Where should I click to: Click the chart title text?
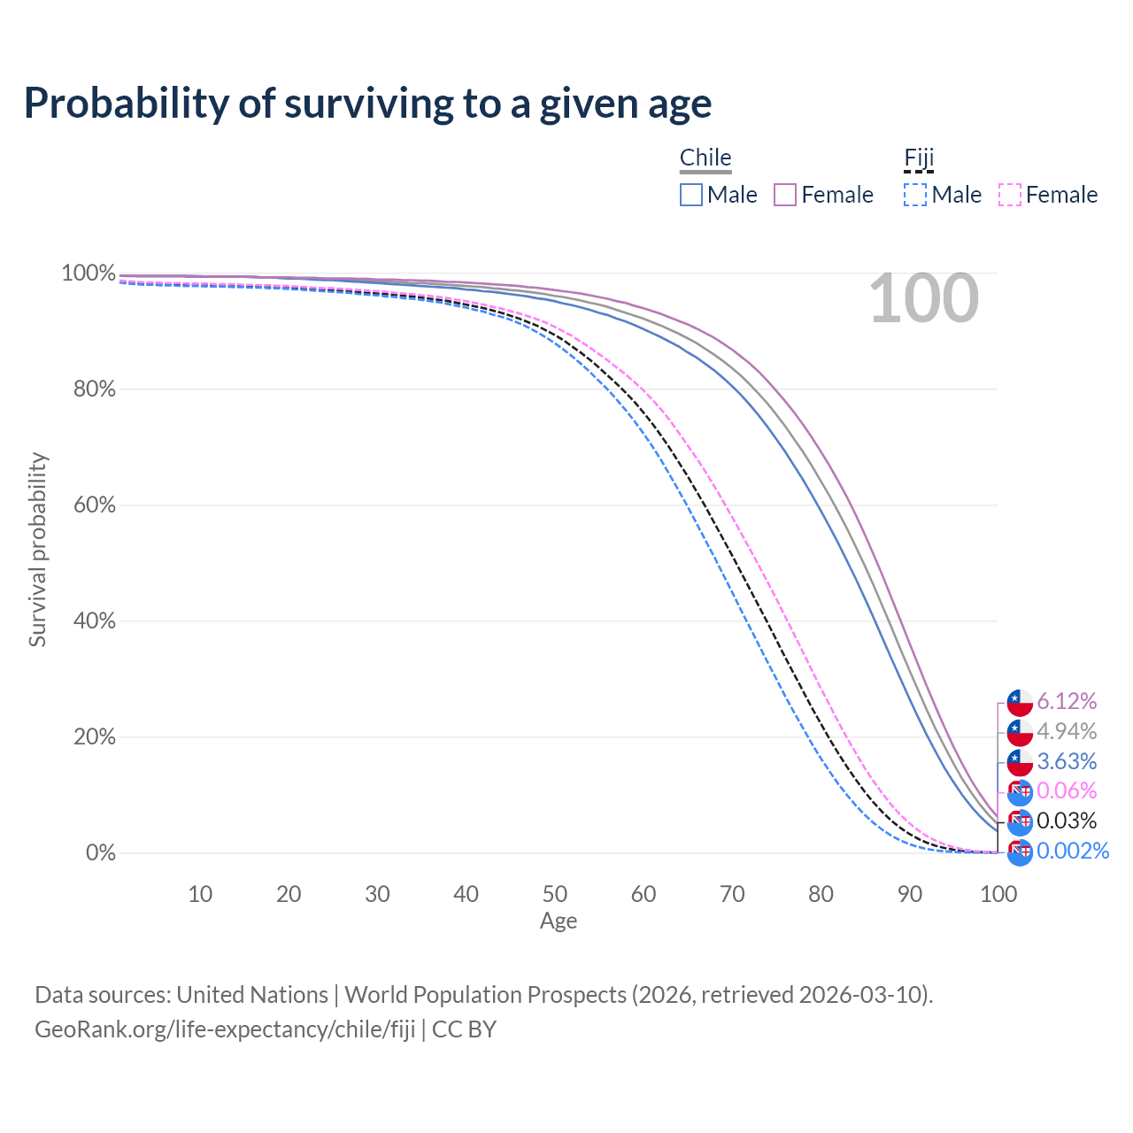(x=367, y=104)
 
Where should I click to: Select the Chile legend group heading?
(x=705, y=158)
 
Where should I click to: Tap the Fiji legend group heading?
(x=919, y=158)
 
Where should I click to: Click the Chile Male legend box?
(x=691, y=195)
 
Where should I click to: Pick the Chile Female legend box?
(x=786, y=195)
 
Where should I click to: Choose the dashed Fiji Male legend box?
(x=916, y=195)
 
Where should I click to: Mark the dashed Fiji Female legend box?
(x=1010, y=195)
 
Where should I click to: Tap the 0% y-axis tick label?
(x=100, y=853)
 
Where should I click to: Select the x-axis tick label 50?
(x=555, y=894)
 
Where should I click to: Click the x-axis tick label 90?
(x=910, y=894)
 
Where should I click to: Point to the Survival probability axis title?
(x=37, y=550)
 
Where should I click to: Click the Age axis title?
(x=559, y=921)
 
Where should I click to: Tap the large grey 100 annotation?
(x=923, y=299)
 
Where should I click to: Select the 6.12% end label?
(x=1067, y=702)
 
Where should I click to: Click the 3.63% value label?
(x=1067, y=761)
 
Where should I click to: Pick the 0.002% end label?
(x=1072, y=851)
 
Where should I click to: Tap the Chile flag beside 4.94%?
(x=1020, y=732)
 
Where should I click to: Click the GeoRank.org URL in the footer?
(x=225, y=1029)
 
